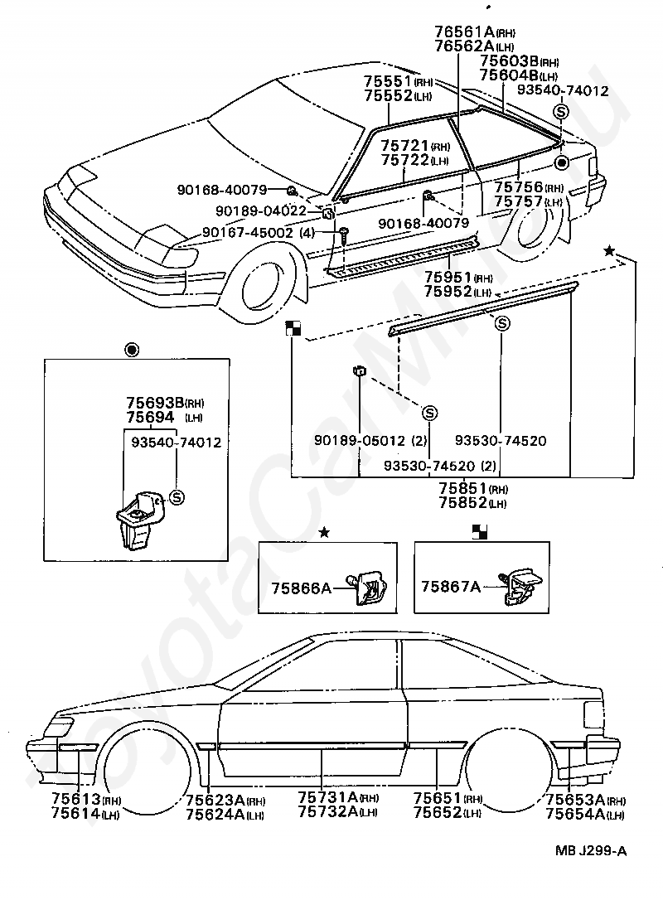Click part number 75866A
pyautogui.click(x=301, y=588)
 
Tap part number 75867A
pyautogui.click(x=450, y=588)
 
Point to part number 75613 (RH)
pyautogui.click(x=75, y=800)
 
